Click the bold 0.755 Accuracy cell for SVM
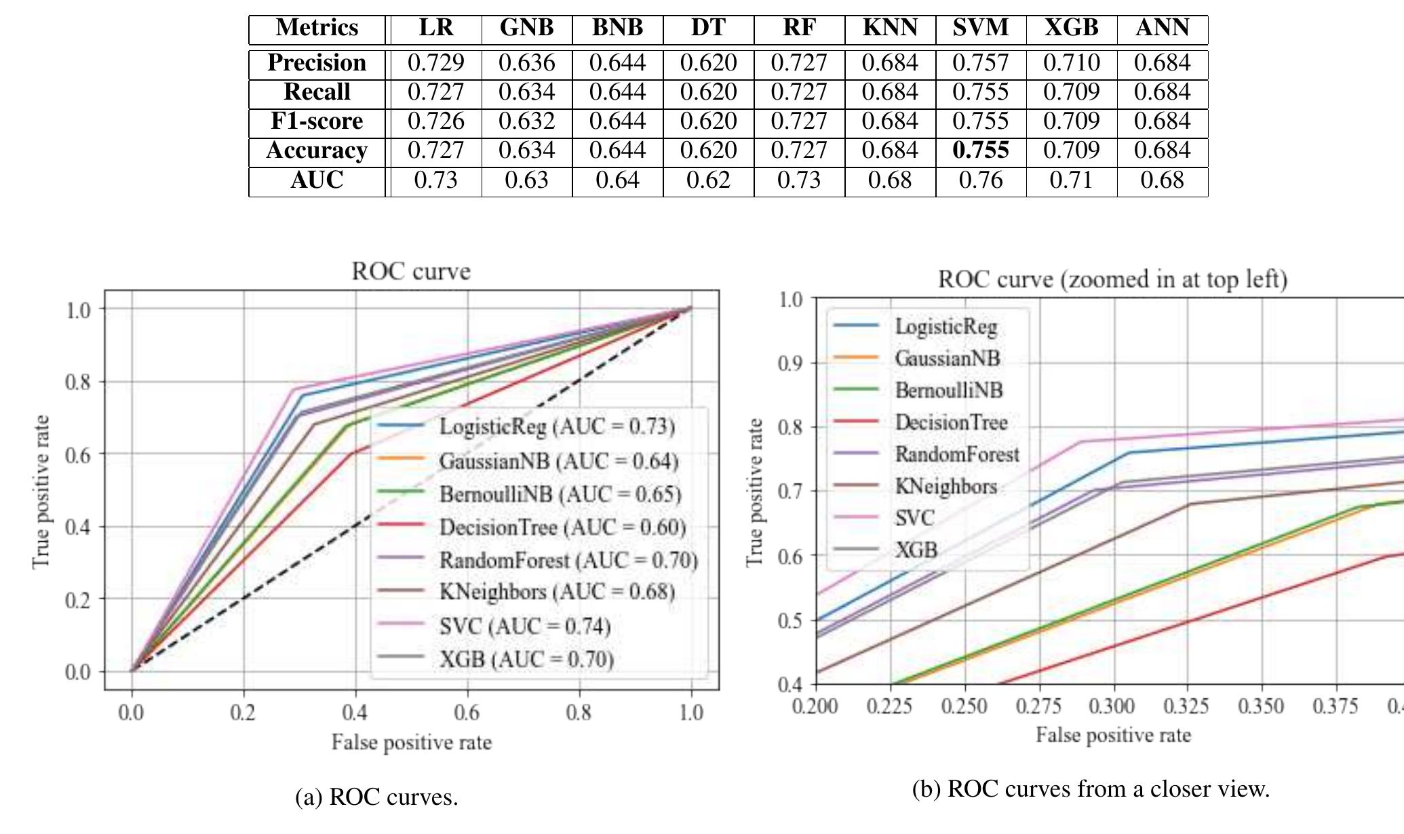[x=980, y=151]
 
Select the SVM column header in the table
[x=980, y=28]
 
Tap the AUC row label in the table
[x=317, y=180]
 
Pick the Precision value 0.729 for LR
[x=435, y=63]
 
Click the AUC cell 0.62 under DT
[x=708, y=180]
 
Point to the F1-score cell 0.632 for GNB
[x=526, y=121]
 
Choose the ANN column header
[x=1162, y=28]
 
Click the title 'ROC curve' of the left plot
[x=410, y=271]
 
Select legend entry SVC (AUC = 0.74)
[x=524, y=626]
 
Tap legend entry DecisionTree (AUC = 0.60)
[x=562, y=527]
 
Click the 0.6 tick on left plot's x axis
[x=467, y=712]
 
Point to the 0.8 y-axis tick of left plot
[x=77, y=382]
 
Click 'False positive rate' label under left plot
[x=411, y=742]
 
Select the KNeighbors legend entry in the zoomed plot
[x=945, y=486]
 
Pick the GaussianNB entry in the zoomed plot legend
[x=947, y=358]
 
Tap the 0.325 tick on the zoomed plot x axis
[x=1186, y=707]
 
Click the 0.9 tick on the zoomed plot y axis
[x=789, y=363]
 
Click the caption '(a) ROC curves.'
[x=376, y=797]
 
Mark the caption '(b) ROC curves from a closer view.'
[x=1091, y=789]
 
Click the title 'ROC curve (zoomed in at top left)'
[x=1112, y=279]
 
